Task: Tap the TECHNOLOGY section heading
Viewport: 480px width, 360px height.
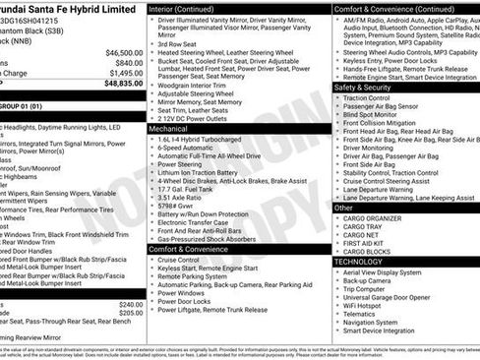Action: (358, 262)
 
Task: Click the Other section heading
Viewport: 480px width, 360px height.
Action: (344, 208)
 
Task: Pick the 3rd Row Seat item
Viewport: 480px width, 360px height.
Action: (178, 44)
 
